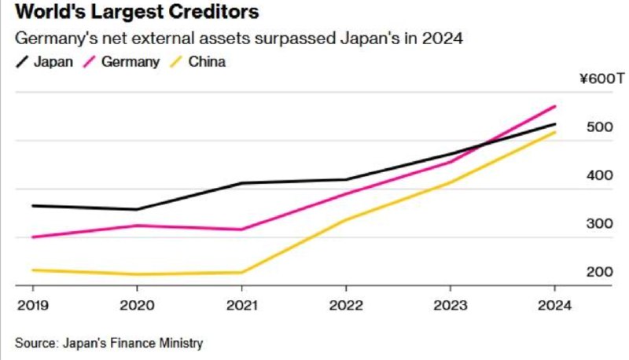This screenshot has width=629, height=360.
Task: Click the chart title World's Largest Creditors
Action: [x=138, y=13]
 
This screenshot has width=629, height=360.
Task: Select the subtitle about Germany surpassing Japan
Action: [x=236, y=39]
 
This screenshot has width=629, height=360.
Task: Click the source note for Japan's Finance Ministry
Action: [x=109, y=343]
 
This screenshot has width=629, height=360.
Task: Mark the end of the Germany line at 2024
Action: [x=555, y=106]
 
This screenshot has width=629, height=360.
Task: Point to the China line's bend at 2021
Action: [x=241, y=273]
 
